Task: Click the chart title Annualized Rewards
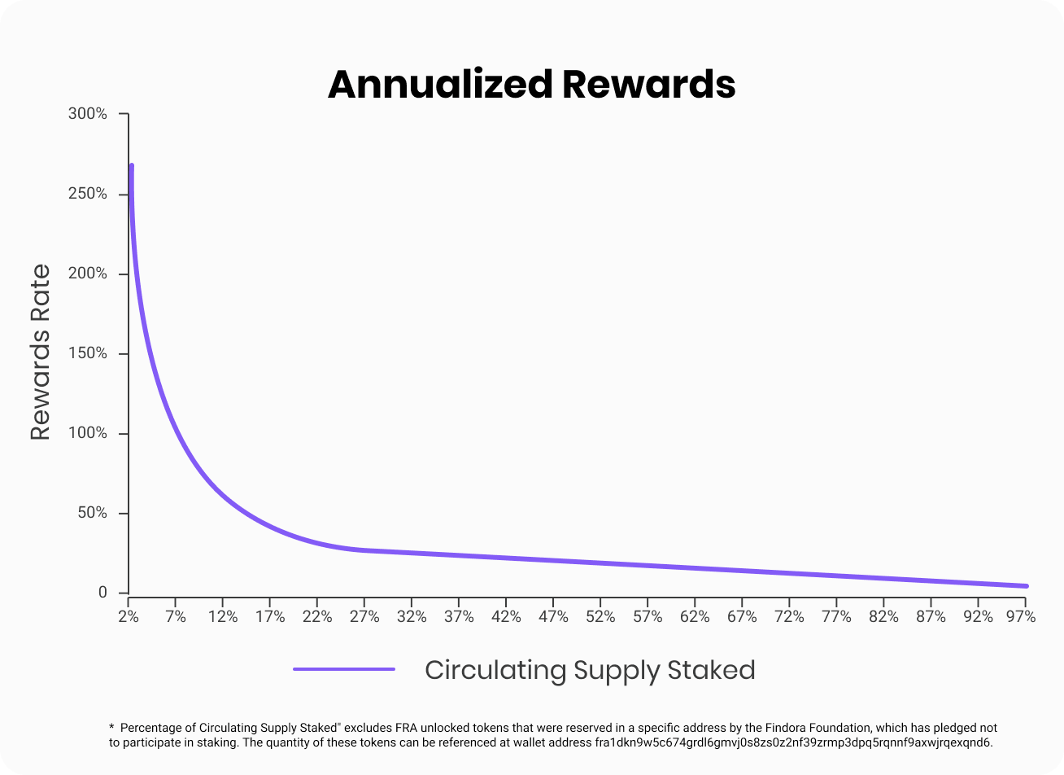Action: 532,85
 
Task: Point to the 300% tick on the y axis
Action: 88,114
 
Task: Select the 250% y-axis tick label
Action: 88,194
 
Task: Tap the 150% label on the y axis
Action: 88,353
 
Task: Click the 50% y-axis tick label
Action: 90,513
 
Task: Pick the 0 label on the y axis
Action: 102,593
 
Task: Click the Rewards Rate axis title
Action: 41,352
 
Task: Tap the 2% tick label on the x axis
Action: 129,617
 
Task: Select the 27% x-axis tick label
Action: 364,617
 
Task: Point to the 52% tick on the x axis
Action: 600,617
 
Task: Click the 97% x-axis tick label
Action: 1020,617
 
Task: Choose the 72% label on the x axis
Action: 789,617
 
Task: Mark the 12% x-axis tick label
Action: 223,617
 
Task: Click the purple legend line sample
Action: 344,669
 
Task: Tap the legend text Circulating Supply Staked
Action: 590,670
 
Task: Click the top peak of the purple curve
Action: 131,166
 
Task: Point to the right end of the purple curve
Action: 1026,586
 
